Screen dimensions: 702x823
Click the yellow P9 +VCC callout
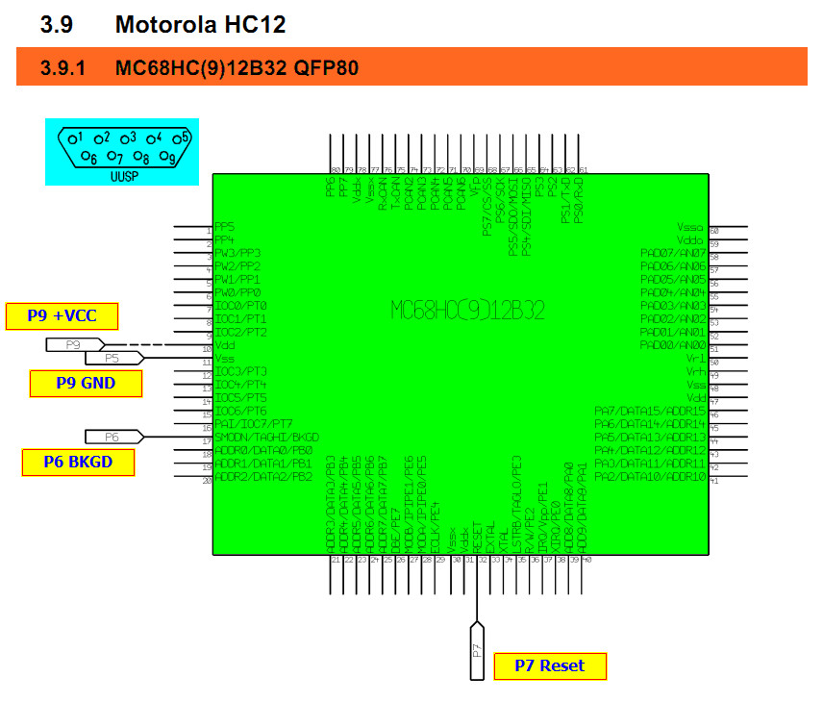click(x=63, y=316)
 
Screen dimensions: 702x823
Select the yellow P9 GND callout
click(x=86, y=384)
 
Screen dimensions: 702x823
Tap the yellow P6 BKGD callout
click(x=78, y=463)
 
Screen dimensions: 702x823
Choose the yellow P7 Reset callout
click(x=551, y=666)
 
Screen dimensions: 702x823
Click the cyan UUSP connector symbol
click(x=122, y=151)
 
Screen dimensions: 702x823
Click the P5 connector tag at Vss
click(x=113, y=358)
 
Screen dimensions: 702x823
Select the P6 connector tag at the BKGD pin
click(x=113, y=437)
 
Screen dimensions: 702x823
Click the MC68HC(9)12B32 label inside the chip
click(x=467, y=310)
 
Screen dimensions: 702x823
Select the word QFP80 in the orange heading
click(x=327, y=68)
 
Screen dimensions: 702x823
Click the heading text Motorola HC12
click(x=200, y=25)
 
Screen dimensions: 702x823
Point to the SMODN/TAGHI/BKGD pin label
click(x=265, y=438)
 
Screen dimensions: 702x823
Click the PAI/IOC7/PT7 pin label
click(x=254, y=424)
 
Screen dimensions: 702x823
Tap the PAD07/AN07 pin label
click(x=673, y=254)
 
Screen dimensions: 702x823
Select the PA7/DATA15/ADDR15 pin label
click(x=650, y=412)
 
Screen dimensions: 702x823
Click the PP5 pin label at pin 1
click(x=225, y=228)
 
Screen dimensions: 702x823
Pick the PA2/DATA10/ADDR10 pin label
click(x=650, y=477)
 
